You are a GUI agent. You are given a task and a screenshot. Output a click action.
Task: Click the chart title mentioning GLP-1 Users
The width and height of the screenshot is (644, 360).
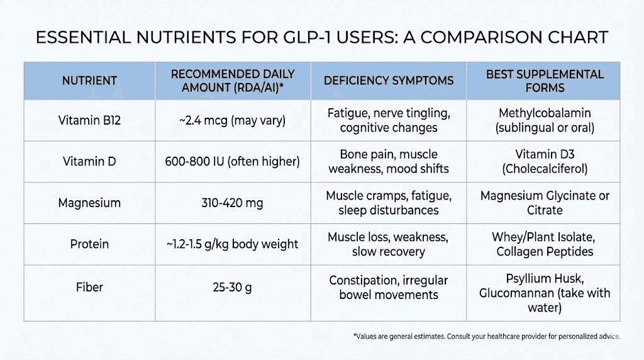[x=321, y=38]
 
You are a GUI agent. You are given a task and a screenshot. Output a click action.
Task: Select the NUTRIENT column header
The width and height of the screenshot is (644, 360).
[x=89, y=81]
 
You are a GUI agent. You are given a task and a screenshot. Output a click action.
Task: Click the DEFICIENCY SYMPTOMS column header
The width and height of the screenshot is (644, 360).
[x=389, y=81]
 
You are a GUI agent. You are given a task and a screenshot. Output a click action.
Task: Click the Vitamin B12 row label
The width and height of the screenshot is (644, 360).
[x=89, y=120]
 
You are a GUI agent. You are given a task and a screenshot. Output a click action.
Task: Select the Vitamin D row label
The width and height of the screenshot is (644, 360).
[x=89, y=162]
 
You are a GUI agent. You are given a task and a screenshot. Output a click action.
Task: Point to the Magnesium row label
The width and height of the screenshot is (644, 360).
[x=89, y=203]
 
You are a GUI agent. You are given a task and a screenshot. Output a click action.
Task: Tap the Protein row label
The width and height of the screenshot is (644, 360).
[x=89, y=244]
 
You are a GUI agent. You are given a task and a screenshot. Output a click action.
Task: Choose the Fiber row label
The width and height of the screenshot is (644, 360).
[x=89, y=287]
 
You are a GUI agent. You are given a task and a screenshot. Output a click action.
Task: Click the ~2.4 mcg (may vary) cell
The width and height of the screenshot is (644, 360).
[x=233, y=120]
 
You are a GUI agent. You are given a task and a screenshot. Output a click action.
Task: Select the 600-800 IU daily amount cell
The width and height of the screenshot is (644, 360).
[x=233, y=162]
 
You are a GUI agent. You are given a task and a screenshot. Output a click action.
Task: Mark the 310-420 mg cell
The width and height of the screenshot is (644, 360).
[x=233, y=203]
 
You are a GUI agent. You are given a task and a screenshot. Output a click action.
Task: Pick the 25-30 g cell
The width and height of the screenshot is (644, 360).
[x=233, y=287]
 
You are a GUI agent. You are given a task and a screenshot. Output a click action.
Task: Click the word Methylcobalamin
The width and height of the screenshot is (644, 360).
[x=545, y=114]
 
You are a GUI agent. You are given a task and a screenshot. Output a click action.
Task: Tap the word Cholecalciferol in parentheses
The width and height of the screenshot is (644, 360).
[x=545, y=169]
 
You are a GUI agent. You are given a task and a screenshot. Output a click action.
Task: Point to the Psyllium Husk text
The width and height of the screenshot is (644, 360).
[x=545, y=279]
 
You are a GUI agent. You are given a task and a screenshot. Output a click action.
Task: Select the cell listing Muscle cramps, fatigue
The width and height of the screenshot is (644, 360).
[x=389, y=203]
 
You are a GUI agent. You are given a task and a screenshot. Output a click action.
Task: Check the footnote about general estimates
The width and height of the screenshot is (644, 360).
[x=486, y=337]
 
